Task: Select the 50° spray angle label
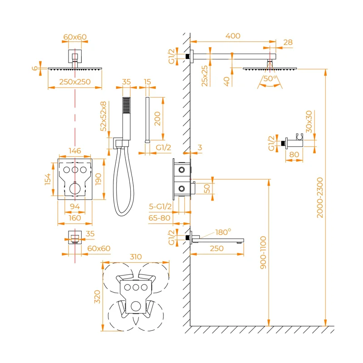(271, 78)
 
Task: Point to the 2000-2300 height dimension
(320, 197)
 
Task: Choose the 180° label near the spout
(223, 232)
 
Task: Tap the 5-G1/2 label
(161, 207)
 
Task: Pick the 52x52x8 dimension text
(103, 117)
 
